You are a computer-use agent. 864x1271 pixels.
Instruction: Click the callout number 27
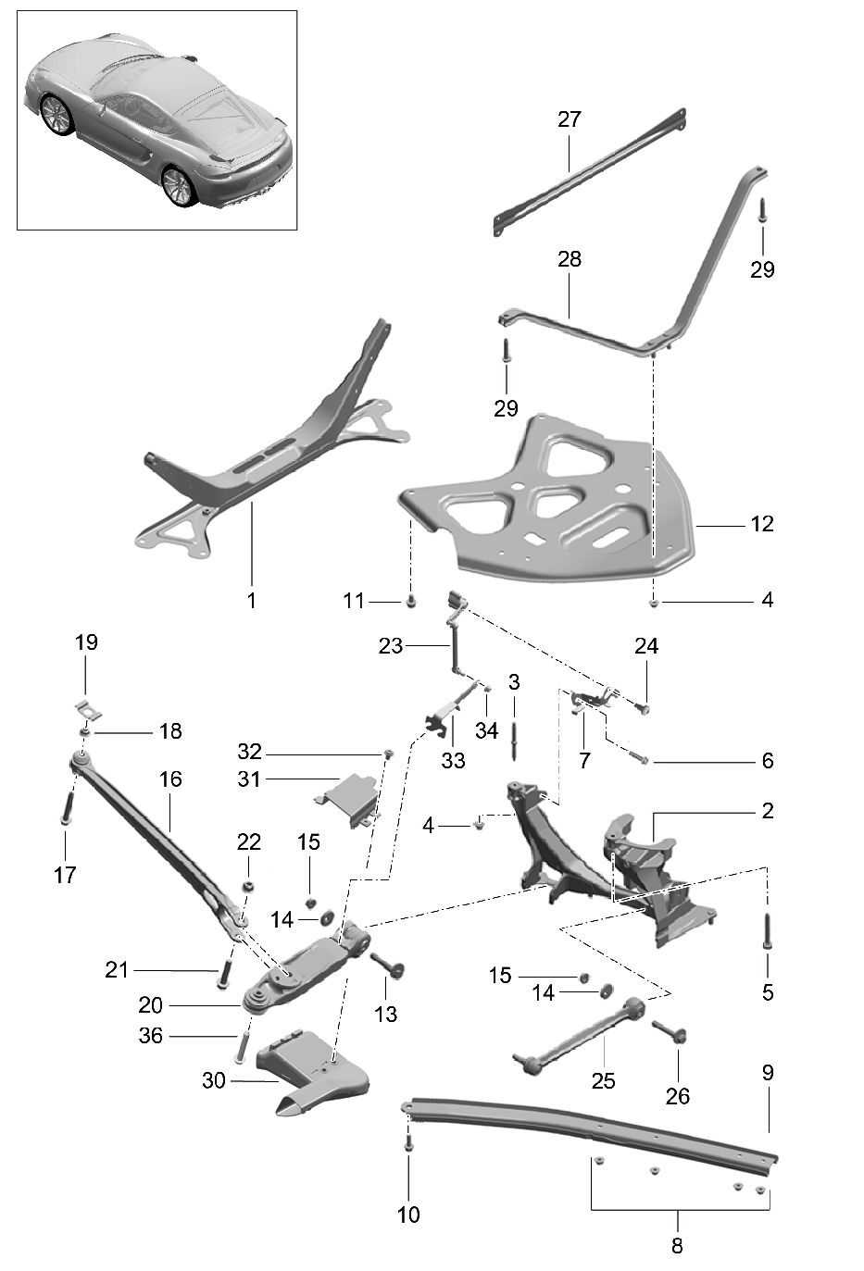tap(570, 119)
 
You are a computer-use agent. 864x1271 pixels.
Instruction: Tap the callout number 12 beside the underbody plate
tap(762, 524)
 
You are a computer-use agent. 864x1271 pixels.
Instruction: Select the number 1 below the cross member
tap(252, 600)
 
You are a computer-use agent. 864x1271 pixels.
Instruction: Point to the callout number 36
tap(150, 1036)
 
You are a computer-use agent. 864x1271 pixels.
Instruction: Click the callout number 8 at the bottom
tap(677, 1246)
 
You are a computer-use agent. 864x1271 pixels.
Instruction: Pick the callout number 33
tap(453, 761)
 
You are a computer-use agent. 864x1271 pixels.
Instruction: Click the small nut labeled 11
tap(411, 601)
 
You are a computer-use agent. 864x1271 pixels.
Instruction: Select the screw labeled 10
tap(408, 1146)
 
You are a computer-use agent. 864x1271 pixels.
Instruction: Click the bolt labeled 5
tap(767, 930)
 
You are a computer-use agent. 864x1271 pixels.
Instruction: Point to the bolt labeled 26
tap(670, 1031)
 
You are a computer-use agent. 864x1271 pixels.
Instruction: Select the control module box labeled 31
tap(347, 800)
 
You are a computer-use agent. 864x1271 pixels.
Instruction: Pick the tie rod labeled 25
tap(579, 1037)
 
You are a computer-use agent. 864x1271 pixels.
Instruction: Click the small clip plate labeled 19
tap(89, 710)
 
